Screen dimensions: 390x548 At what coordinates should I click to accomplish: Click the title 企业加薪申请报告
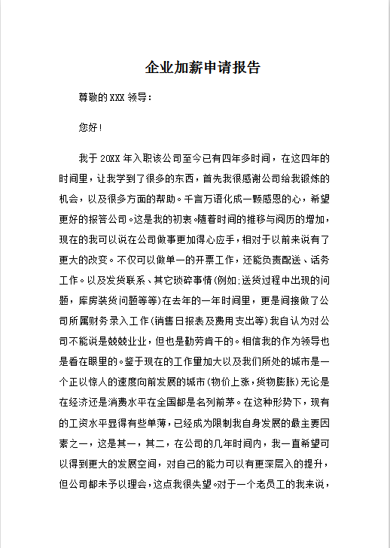click(x=203, y=68)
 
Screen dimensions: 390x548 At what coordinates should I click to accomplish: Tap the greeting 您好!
click(x=90, y=128)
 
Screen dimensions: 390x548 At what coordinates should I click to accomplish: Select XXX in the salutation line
click(x=117, y=98)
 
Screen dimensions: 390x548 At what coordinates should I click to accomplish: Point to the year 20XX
click(x=110, y=160)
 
